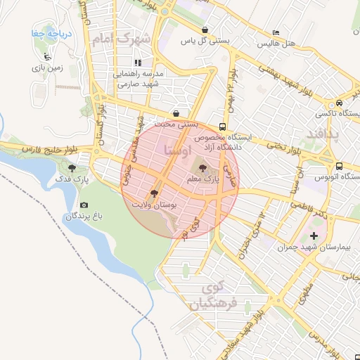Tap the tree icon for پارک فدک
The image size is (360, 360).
pyautogui.click(x=72, y=168)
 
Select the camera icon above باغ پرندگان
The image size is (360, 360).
pyautogui.click(x=84, y=205)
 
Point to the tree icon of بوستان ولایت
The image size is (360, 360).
pyautogui.click(x=153, y=192)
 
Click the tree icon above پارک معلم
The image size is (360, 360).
pyautogui.click(x=203, y=168)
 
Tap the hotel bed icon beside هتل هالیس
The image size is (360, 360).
pyautogui.click(x=276, y=33)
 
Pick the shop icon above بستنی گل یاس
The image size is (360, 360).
pyautogui.click(x=205, y=30)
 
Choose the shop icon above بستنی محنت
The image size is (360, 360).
pyautogui.click(x=174, y=112)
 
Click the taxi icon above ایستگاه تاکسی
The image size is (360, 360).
pyautogui.click(x=340, y=101)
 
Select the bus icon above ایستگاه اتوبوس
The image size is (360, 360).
pyautogui.click(x=339, y=167)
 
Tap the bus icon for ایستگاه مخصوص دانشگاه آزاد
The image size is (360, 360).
pyautogui.click(x=222, y=127)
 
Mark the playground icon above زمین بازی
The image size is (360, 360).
pyautogui.click(x=47, y=57)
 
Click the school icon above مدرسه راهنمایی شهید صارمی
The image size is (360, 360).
pyautogui.click(x=139, y=63)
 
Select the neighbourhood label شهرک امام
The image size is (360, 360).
pyautogui.click(x=122, y=39)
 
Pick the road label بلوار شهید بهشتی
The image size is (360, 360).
pyautogui.click(x=281, y=77)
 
